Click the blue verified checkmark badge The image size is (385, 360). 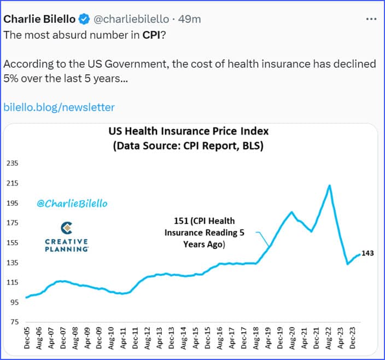(84, 19)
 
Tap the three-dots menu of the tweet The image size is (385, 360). (371, 19)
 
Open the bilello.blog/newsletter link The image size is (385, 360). (59, 107)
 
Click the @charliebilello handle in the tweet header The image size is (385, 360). (129, 19)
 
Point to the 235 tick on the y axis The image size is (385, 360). (12, 163)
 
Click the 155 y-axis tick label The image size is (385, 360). (12, 243)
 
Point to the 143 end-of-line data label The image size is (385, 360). (367, 253)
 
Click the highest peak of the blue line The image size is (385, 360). (329, 185)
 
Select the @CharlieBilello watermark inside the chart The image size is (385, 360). (72, 204)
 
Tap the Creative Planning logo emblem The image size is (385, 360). (67, 228)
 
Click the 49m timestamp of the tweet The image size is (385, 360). (190, 19)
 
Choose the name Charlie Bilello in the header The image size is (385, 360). (39, 19)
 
